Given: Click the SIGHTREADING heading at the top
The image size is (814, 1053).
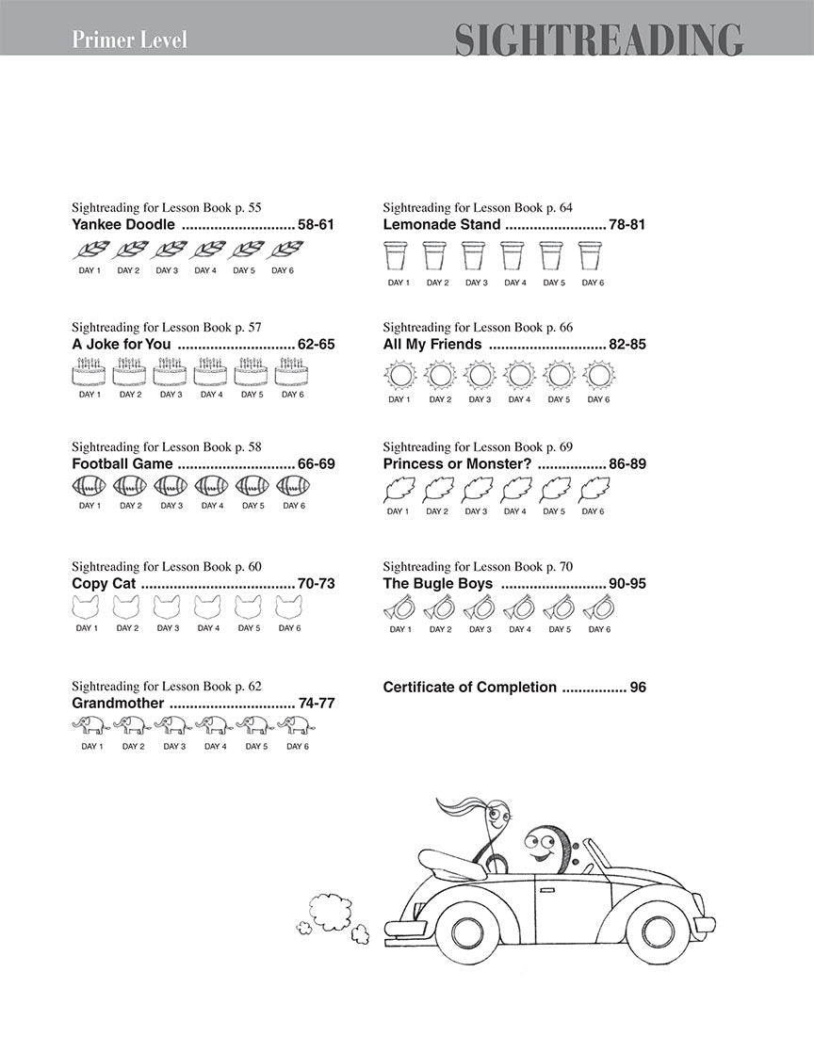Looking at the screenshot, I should [598, 40].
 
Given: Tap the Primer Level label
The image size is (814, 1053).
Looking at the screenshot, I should [129, 40].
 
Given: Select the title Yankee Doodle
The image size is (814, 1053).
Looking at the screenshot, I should [123, 225].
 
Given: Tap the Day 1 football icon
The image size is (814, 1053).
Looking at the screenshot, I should [89, 486].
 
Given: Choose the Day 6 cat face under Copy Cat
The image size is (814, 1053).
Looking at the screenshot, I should [289, 607].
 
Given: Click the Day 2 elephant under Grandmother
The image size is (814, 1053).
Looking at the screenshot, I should [133, 724].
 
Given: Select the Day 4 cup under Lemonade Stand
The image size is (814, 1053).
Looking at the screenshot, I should [513, 255].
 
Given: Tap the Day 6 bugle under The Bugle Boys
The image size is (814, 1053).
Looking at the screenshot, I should [596, 610].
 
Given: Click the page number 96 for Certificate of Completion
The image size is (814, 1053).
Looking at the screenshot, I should [638, 688].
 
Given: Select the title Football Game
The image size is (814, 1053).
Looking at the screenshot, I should [122, 463].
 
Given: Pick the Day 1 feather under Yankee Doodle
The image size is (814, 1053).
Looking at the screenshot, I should [90, 251].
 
